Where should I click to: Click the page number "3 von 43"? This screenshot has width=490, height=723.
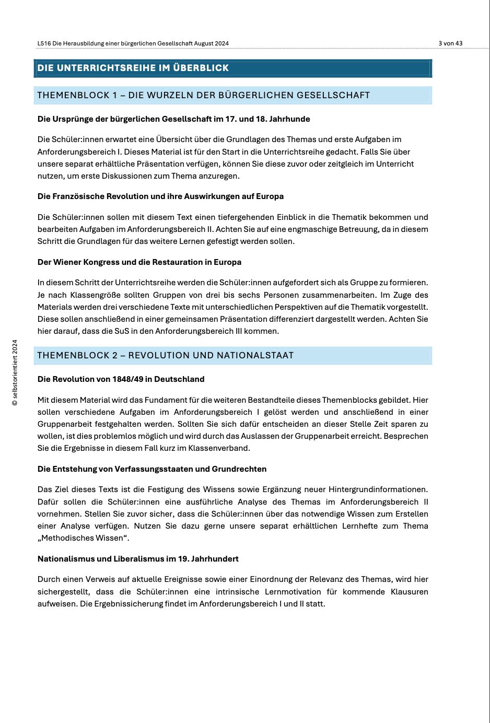pos(450,43)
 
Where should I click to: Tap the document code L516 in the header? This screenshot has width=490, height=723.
pos(44,43)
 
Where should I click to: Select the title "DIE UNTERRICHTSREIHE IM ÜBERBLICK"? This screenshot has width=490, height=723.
pos(133,68)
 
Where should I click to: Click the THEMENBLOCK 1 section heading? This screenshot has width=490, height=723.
pos(203,95)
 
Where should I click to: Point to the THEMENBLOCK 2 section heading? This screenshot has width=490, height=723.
pos(165,355)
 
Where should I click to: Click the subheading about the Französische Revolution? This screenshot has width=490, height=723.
pos(160,196)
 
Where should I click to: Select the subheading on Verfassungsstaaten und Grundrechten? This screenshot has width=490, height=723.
pos(152,469)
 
